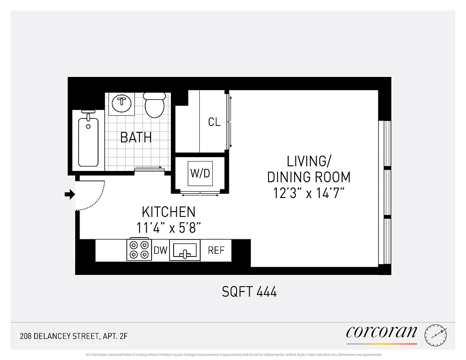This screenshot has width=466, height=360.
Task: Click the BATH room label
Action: pos(136,137)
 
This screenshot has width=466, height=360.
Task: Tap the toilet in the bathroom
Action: pos(154,105)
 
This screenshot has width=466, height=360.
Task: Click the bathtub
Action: pos(88,141)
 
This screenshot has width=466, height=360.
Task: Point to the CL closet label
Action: pos(214,122)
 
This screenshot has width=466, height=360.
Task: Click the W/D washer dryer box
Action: pos(200,174)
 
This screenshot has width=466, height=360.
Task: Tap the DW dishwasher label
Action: pos(161,251)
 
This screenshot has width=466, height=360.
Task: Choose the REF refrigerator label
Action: pos(216,251)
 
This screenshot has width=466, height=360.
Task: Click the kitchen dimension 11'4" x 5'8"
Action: pos(169,228)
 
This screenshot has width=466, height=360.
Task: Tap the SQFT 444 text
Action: pos(249,292)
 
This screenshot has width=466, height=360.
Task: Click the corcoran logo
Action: pos(381,333)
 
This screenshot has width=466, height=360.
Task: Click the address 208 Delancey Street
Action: pos(77,336)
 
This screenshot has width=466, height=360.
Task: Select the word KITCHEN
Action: pos(169,212)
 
